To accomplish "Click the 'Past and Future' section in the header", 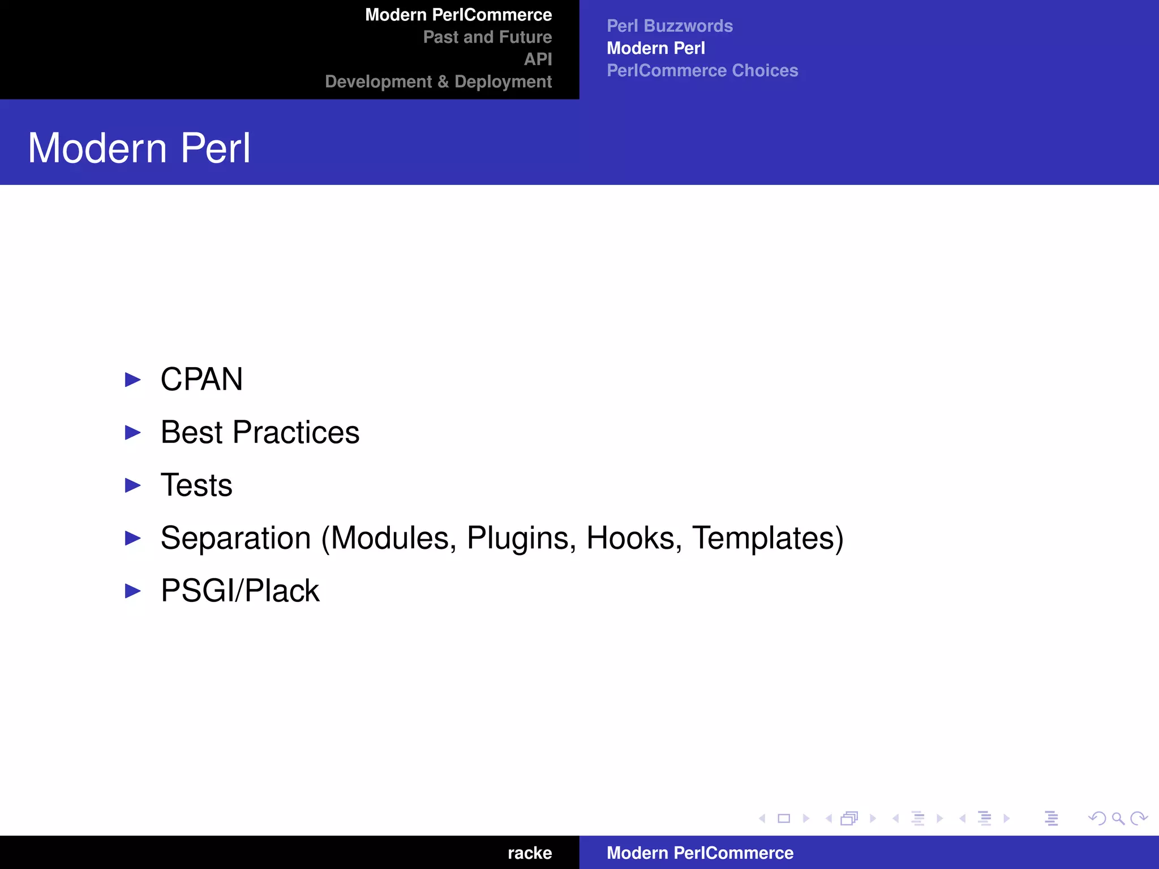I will pos(487,37).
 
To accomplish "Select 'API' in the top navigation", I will pos(538,59).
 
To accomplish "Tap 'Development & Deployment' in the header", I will pos(438,82).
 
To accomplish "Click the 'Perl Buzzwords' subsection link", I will pos(669,26).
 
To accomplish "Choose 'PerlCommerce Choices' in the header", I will pos(702,71).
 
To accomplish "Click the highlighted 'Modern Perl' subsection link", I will pos(656,49).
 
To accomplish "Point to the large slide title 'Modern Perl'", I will pos(139,148).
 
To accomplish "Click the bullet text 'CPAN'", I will pos(201,379).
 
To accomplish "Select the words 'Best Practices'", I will pos(260,432).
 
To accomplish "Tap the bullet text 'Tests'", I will pos(196,485).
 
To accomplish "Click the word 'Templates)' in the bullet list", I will pos(768,538).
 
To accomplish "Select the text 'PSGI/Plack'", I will pos(240,591).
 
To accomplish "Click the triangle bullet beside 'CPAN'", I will pos(133,380).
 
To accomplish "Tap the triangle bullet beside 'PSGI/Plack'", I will pos(133,591).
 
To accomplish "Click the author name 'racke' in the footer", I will pos(530,853).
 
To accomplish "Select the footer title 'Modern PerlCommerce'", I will pos(700,853).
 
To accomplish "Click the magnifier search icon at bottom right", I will pos(1118,819).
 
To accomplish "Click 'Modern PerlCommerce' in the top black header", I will pos(458,15).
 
